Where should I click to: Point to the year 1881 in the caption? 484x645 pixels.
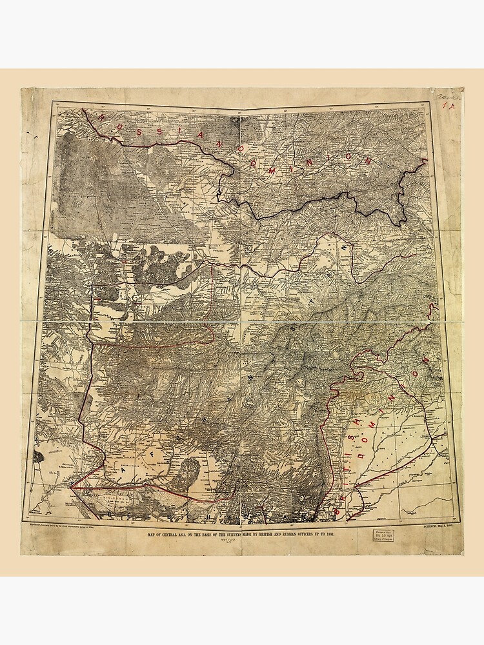pos(328,535)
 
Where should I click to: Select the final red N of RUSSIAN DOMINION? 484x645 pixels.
pos(369,162)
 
